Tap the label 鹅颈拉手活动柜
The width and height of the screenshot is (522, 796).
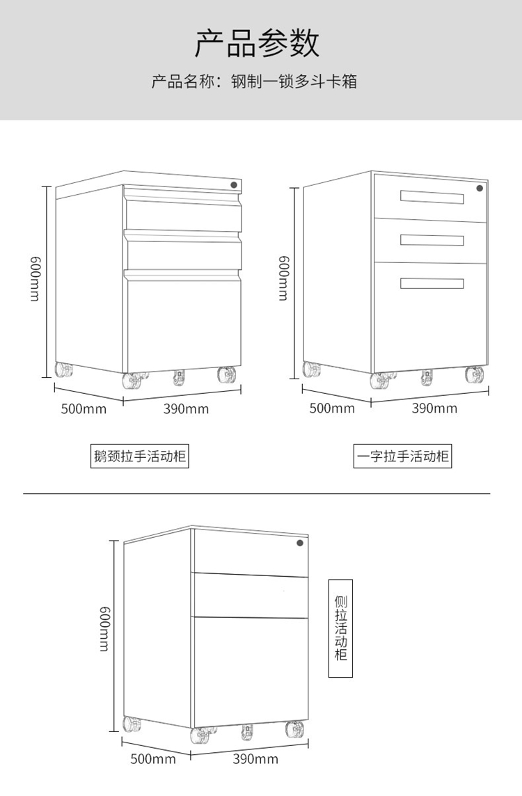(140, 457)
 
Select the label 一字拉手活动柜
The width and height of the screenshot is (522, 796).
(403, 457)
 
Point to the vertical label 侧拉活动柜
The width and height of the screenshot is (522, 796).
(340, 628)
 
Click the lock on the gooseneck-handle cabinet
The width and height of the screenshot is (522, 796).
(235, 184)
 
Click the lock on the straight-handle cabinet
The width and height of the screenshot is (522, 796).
(480, 188)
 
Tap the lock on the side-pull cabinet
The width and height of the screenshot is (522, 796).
(300, 543)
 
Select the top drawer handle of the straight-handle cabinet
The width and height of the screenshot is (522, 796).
(432, 198)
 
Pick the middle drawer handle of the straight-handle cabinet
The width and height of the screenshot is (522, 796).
(432, 240)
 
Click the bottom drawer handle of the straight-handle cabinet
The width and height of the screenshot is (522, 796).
(432, 283)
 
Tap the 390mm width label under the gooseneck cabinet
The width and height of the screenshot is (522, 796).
(186, 408)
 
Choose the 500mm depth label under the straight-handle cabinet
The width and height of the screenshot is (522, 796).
(332, 408)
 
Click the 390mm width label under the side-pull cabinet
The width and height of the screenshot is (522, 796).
(255, 758)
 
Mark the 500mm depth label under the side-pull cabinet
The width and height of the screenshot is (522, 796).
(153, 758)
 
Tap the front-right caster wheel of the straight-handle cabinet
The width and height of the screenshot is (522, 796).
(475, 375)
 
